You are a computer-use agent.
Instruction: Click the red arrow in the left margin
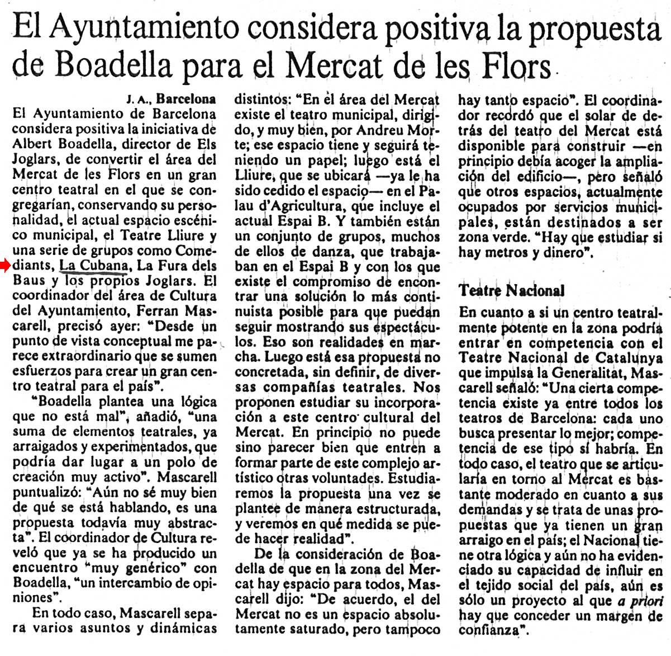6,266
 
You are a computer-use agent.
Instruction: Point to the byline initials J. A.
137,100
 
